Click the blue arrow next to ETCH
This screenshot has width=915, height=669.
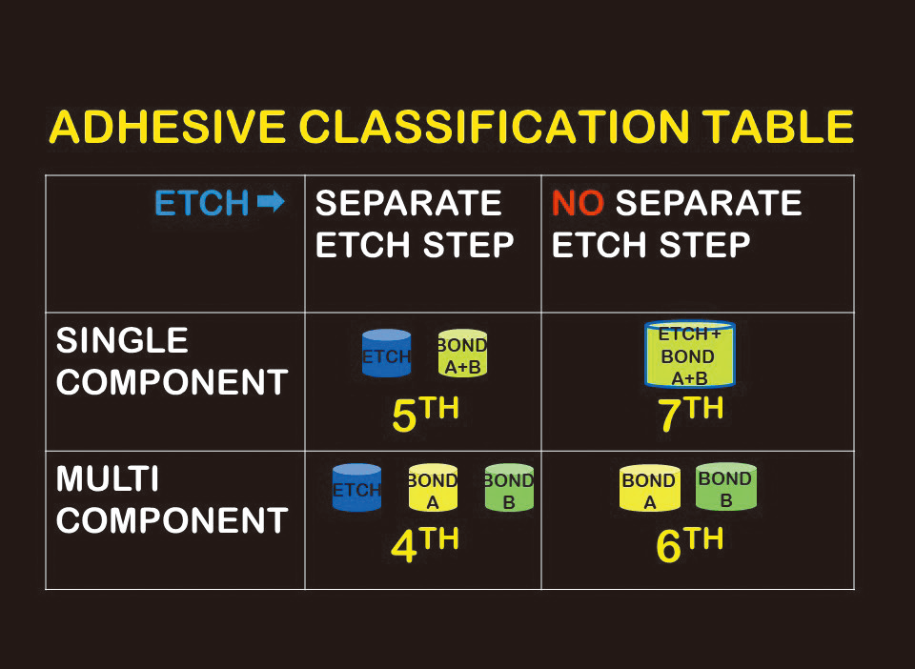click(x=271, y=202)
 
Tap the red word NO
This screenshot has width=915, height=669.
click(x=578, y=203)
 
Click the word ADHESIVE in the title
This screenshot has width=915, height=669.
click(x=168, y=127)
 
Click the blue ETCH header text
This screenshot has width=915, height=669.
click(x=202, y=203)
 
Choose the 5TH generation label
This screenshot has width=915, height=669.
click(x=425, y=415)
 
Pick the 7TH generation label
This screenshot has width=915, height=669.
click(x=690, y=415)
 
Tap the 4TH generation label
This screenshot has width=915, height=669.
click(x=425, y=545)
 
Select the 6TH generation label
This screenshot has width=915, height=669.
click(x=690, y=545)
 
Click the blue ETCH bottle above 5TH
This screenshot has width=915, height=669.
click(x=386, y=354)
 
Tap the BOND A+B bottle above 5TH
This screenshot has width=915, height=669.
click(x=462, y=354)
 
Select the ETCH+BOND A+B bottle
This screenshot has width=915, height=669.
click(x=690, y=355)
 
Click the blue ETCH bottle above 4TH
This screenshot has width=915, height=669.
click(x=356, y=488)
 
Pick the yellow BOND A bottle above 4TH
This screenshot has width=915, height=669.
click(x=433, y=488)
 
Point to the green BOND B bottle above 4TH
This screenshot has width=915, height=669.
click(x=509, y=488)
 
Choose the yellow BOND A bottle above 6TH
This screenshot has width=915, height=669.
click(x=649, y=488)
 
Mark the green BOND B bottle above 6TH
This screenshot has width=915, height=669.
click(x=726, y=486)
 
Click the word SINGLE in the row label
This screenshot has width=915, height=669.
click(x=122, y=340)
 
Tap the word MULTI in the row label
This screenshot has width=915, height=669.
click(x=108, y=478)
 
